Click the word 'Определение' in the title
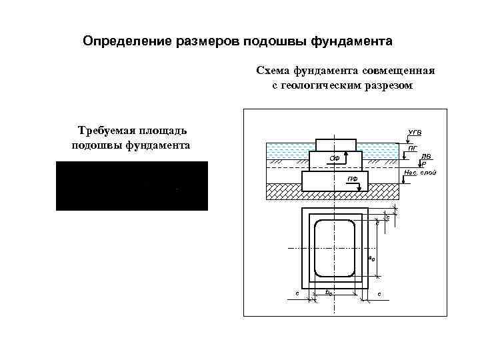coord(127,42)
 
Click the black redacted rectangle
coord(132,185)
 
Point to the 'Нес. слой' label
coord(420,173)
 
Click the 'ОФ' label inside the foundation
coord(335,159)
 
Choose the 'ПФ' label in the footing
coord(351,180)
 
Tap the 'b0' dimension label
coord(328,292)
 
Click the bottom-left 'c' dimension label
coord(297,293)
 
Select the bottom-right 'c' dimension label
coord(379,294)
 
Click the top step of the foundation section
coord(335,145)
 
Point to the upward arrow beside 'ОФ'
coord(345,157)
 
